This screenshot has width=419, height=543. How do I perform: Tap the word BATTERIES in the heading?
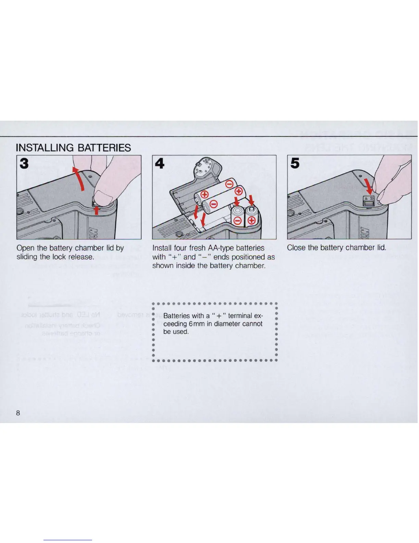tap(104, 148)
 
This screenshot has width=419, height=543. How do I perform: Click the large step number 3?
tap(24, 163)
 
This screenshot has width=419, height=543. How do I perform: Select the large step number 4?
tap(160, 164)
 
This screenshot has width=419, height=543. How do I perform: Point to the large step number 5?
tap(295, 164)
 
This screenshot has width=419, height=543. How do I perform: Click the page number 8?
tap(18, 413)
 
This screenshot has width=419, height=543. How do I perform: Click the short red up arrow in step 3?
tap(97, 209)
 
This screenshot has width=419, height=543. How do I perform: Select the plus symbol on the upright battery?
tap(252, 220)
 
